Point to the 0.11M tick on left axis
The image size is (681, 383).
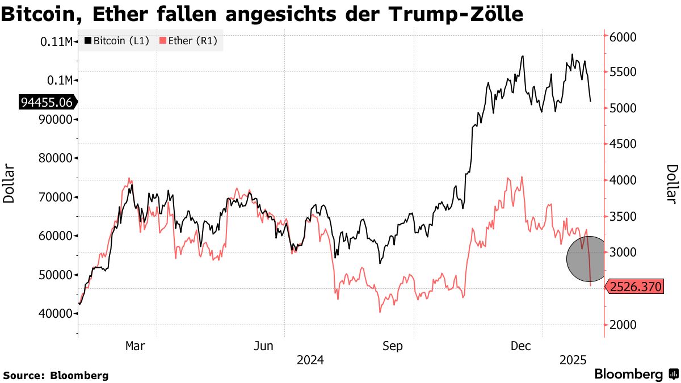(x=57, y=41)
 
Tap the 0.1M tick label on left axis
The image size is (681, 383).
(x=60, y=80)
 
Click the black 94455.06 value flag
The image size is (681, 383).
(x=47, y=102)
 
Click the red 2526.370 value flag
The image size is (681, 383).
(x=634, y=287)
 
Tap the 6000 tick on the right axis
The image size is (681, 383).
(x=623, y=37)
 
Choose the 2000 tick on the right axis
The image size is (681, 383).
(x=623, y=325)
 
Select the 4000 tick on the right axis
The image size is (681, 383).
(x=623, y=180)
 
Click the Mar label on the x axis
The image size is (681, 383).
(x=135, y=346)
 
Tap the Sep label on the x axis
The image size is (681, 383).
(x=392, y=346)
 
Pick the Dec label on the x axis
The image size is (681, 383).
(x=521, y=346)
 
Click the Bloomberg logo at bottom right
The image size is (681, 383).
(x=636, y=374)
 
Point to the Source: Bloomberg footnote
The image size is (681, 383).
(x=56, y=375)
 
